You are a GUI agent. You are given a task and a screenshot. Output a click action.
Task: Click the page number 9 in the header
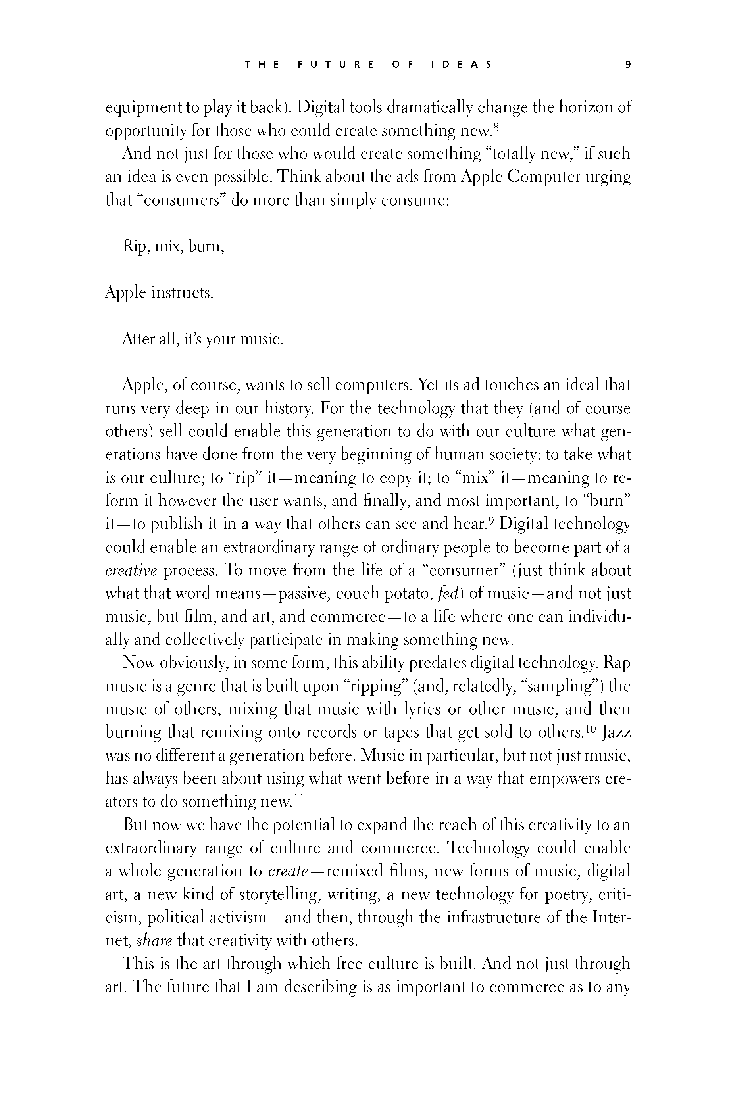[x=628, y=65]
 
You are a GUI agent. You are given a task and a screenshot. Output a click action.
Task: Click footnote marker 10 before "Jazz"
[x=590, y=728]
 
